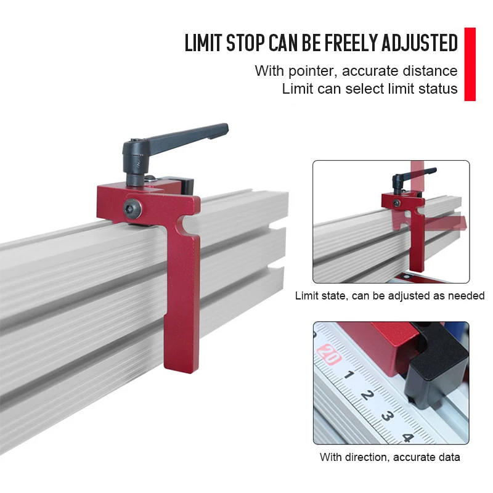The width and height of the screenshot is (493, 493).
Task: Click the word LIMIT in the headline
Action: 204,43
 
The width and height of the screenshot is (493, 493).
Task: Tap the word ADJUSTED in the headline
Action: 420,43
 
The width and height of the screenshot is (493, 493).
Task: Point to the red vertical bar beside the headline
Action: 470,63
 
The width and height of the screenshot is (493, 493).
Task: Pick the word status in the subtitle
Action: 438,89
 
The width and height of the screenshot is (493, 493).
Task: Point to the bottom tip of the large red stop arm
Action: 182,364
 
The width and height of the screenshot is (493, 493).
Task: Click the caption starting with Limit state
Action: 390,296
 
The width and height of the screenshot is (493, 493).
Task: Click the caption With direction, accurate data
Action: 390,457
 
